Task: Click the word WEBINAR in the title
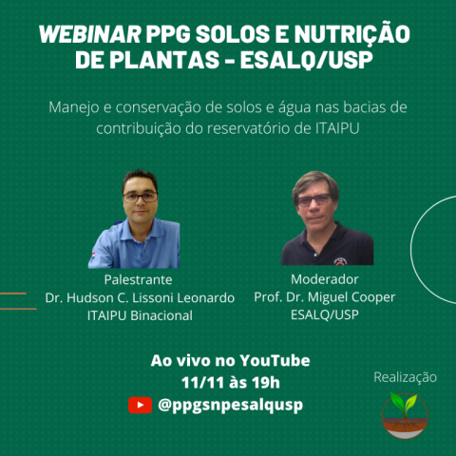point(90,34)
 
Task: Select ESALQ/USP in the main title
point(306,60)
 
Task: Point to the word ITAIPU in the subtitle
point(337,128)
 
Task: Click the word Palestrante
point(139,280)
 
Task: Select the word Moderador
point(325,279)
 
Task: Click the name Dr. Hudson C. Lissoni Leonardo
point(140,297)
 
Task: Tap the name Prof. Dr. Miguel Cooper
point(325,297)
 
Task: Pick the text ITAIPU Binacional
point(140,315)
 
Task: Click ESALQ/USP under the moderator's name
point(325,314)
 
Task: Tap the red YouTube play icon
point(140,405)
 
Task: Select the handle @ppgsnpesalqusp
point(230,405)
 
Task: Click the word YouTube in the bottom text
point(275,361)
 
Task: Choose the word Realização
point(406,377)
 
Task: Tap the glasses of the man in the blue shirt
point(140,197)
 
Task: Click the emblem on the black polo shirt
point(340,261)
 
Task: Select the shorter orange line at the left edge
point(13,294)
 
